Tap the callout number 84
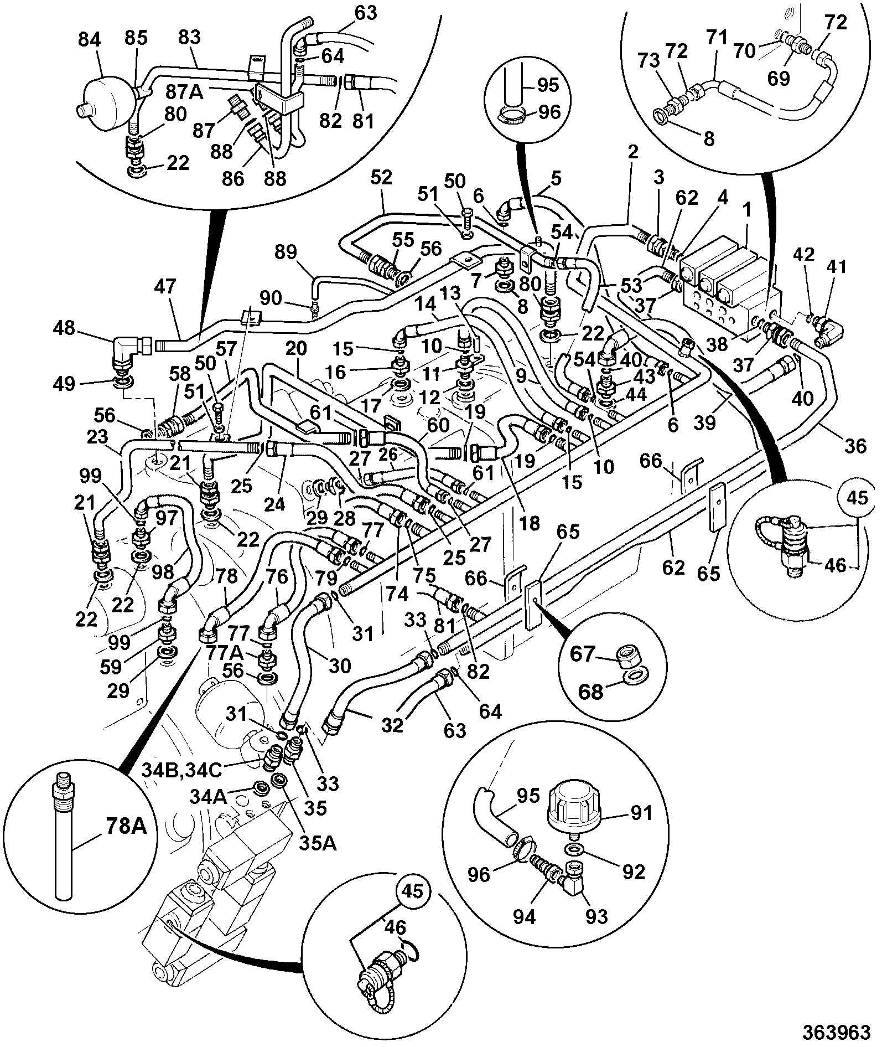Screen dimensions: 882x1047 click(x=90, y=40)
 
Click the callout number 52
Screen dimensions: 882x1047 click(x=381, y=177)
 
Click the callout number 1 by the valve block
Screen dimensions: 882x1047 click(x=747, y=210)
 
